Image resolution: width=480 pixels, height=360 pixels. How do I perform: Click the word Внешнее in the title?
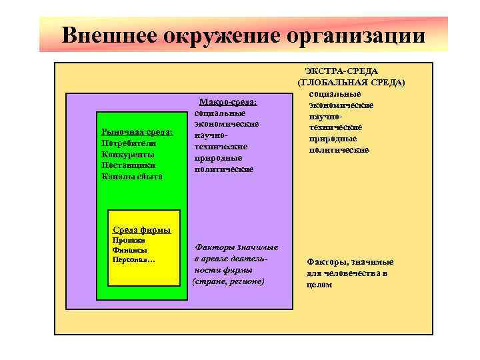point(107,34)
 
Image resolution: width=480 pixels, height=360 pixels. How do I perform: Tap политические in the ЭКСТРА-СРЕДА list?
point(339,149)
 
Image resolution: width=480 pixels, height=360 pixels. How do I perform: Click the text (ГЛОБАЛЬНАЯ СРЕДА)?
point(351,82)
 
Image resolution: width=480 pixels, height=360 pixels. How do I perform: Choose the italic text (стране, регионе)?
point(228,281)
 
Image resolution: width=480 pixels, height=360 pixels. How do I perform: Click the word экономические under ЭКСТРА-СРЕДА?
point(341,105)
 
